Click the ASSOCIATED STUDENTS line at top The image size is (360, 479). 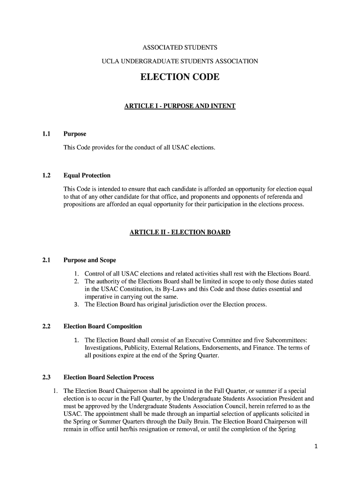click(180, 48)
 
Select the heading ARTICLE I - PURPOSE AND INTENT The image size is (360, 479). click(180, 106)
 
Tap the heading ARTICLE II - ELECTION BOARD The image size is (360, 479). click(180, 232)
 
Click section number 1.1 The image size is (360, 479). click(46, 134)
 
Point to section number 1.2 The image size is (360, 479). click(46, 175)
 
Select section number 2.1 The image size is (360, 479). click(46, 260)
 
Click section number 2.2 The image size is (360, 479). click(46, 326)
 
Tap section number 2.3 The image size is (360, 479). click(46, 377)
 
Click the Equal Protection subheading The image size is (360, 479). click(87, 175)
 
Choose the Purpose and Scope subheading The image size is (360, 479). click(90, 260)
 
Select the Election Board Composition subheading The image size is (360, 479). click(102, 326)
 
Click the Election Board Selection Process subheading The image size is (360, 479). click(108, 377)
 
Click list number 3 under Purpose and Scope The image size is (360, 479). click(76, 305)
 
